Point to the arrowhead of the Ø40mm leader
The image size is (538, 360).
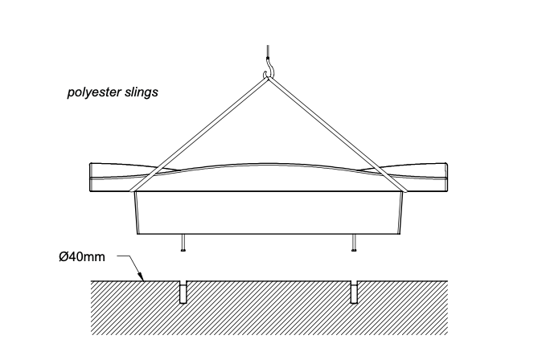click(142, 279)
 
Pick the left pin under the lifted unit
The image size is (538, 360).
click(185, 243)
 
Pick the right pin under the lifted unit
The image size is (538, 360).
click(354, 243)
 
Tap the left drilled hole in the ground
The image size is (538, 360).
click(184, 292)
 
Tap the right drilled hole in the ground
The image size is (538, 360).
click(354, 292)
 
